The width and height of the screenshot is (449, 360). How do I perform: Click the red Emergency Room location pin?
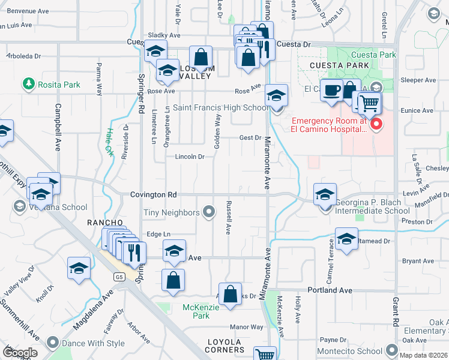pos(376,124)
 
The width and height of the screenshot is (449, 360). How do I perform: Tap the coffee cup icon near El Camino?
pos(331,92)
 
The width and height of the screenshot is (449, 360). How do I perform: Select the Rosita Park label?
pos(59,85)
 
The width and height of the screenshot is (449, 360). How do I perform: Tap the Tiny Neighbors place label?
pos(172,212)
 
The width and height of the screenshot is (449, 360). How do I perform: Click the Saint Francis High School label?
pos(221,108)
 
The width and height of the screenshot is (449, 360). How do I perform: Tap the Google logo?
pos(20,352)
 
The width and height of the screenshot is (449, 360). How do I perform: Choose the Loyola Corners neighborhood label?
pos(226,349)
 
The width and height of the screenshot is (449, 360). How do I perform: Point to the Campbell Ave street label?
pos(58,137)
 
